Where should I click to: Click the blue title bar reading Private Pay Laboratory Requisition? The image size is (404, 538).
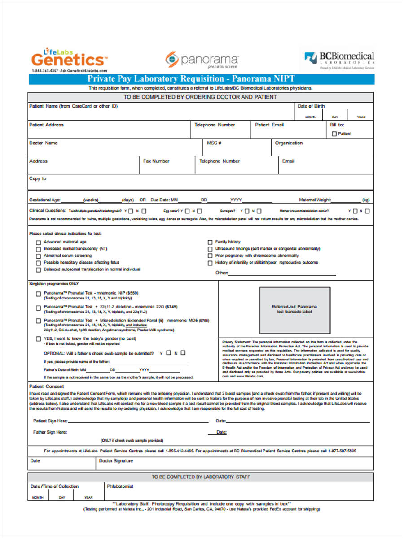click(201, 79)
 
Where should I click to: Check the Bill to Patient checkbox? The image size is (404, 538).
click(334, 134)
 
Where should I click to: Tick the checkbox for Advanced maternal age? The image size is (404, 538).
click(38, 242)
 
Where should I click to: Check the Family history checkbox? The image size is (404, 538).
click(210, 242)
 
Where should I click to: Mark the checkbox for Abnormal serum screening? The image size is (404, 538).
click(38, 256)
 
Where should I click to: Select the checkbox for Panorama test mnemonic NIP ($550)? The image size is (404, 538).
click(38, 294)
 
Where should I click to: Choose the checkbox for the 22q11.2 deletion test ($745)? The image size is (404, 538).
click(38, 308)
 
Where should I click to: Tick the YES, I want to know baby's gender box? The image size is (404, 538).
click(38, 339)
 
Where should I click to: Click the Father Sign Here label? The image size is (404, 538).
click(50, 432)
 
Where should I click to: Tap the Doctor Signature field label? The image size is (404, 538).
click(116, 461)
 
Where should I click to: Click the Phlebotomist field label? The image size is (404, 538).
click(120, 486)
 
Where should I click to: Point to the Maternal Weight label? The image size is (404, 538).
click(315, 200)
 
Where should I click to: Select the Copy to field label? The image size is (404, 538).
click(38, 178)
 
